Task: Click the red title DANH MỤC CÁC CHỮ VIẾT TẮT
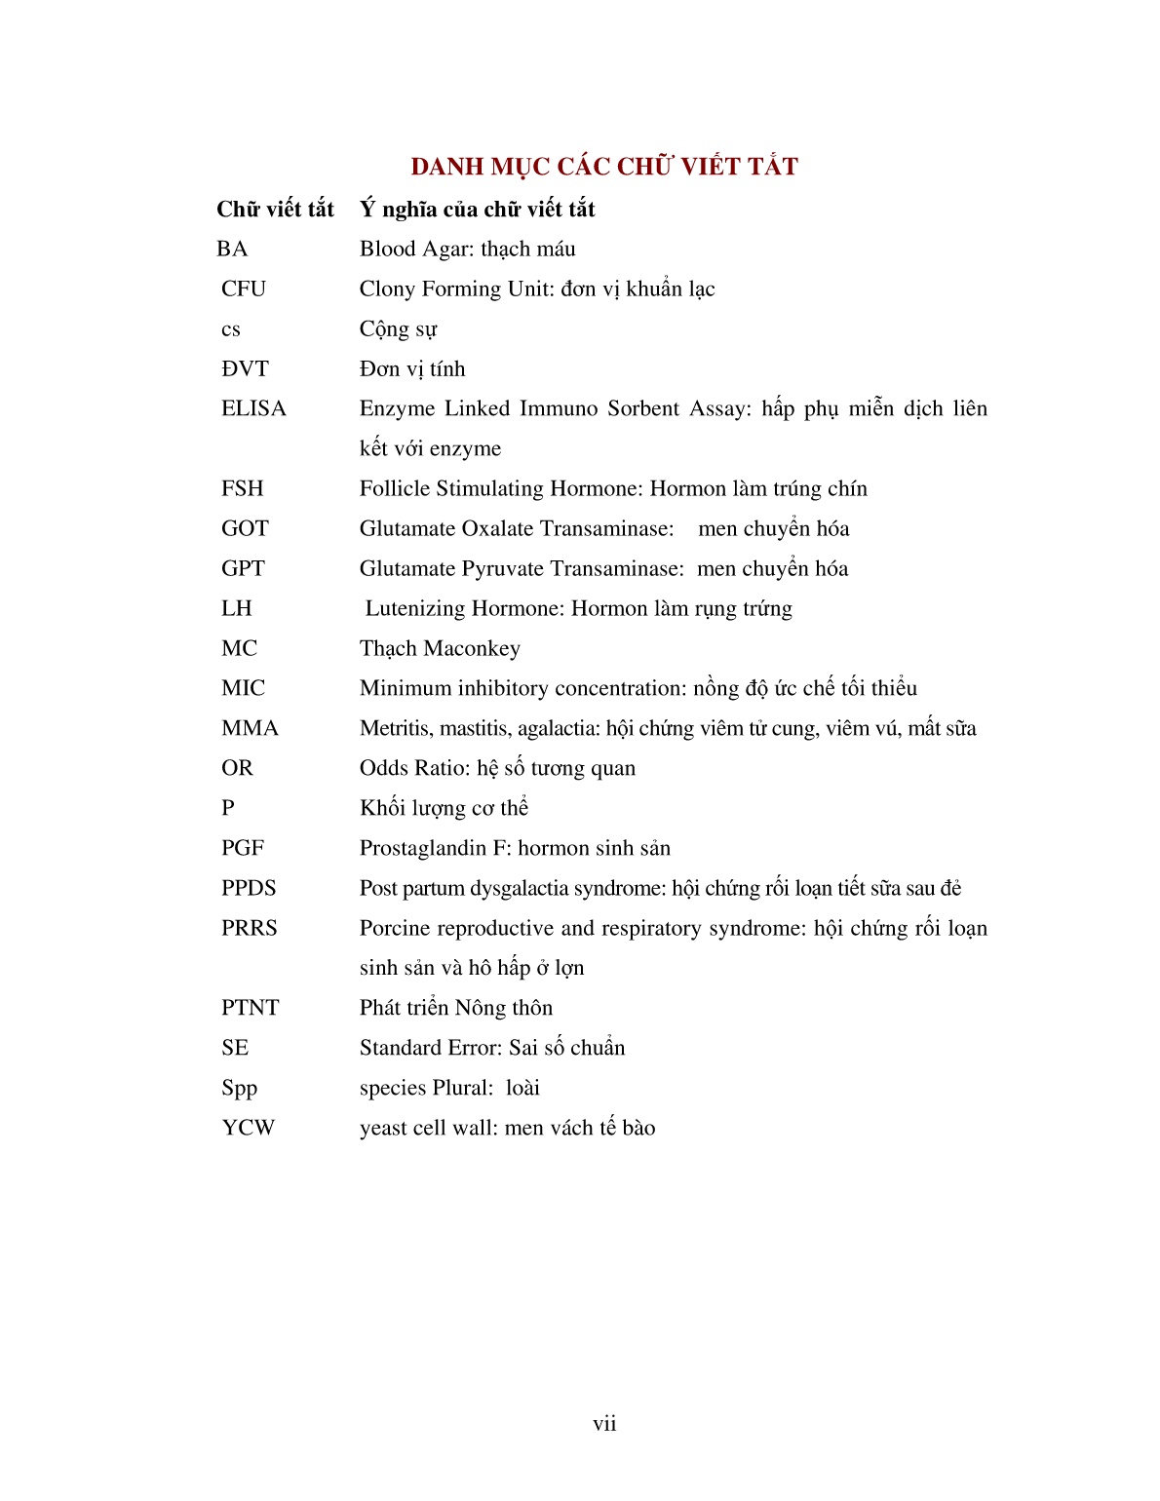click(x=603, y=167)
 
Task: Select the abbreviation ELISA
click(x=253, y=408)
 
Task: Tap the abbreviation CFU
click(x=244, y=289)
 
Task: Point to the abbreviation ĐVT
click(x=245, y=368)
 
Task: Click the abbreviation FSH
click(x=242, y=488)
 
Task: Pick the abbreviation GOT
click(x=245, y=528)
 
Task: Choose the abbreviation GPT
click(x=243, y=568)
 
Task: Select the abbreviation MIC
click(x=243, y=688)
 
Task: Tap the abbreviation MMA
click(x=250, y=728)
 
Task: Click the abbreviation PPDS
click(x=249, y=888)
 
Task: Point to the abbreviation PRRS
click(x=249, y=928)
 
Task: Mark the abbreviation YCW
click(x=248, y=1128)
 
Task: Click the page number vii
click(x=604, y=1424)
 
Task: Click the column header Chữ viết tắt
click(x=275, y=209)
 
